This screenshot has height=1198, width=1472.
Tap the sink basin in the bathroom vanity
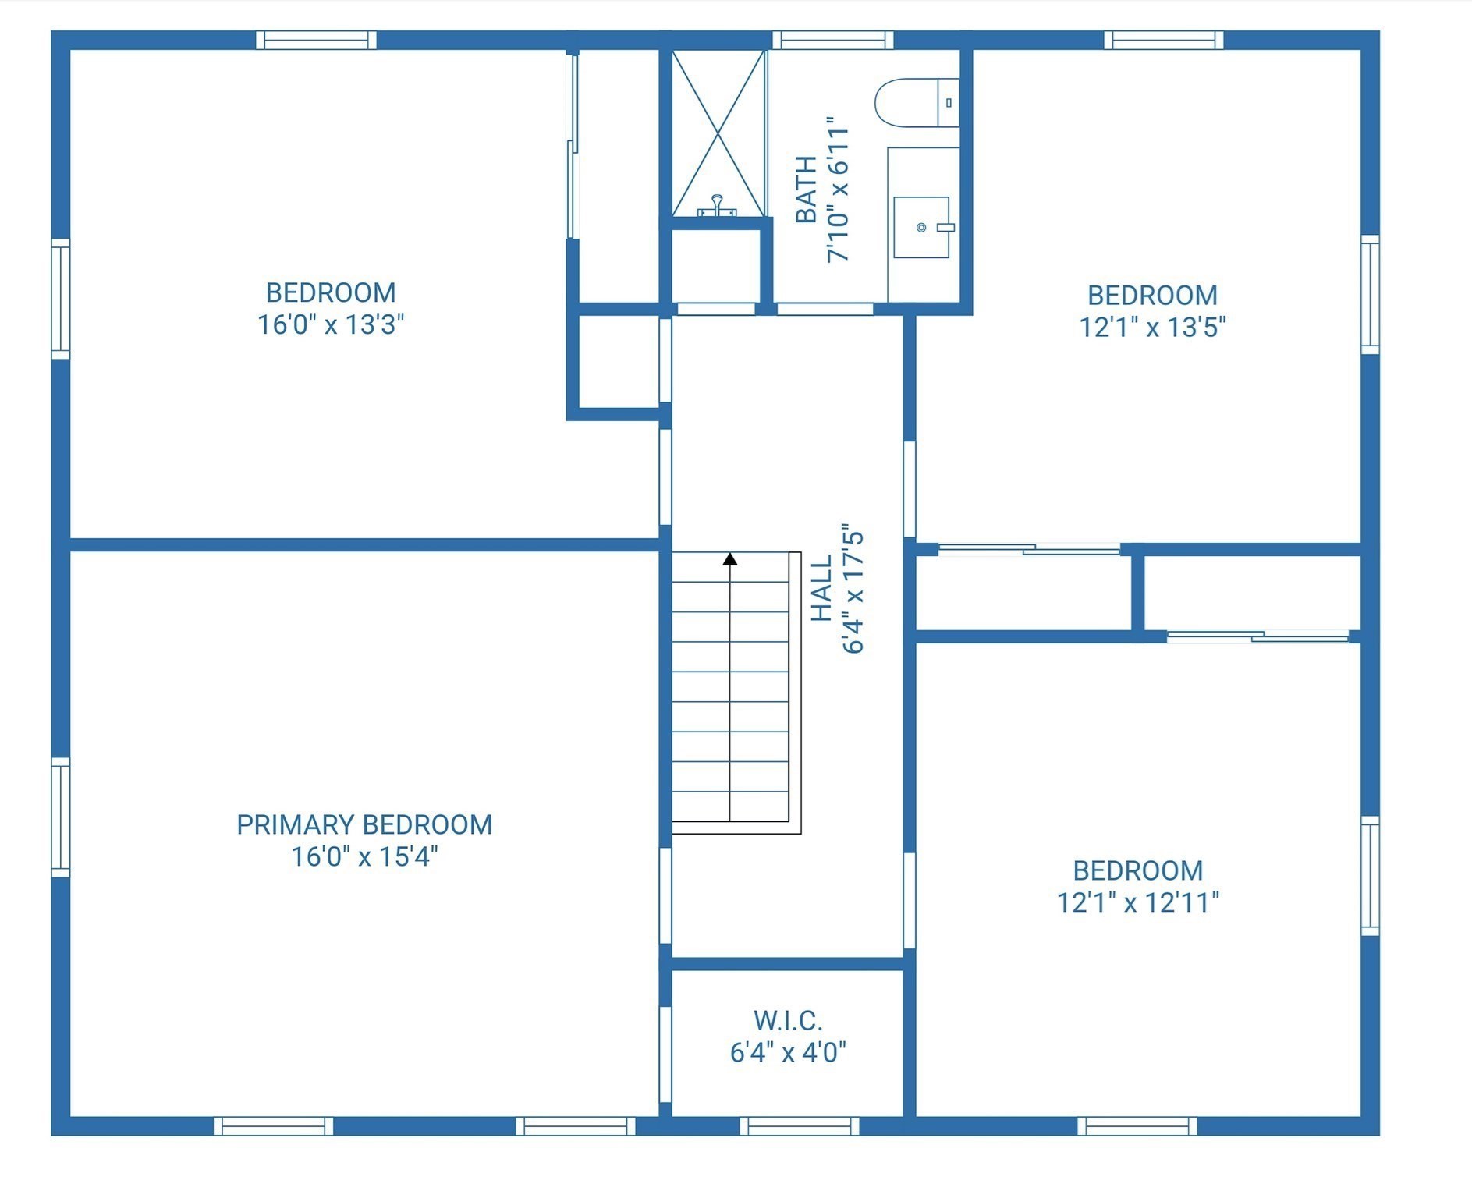point(921,227)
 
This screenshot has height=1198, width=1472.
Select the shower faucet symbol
point(717,207)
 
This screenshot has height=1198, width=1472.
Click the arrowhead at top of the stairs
point(730,558)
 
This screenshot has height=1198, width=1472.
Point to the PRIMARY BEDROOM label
point(364,824)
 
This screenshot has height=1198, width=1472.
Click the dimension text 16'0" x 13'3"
point(331,324)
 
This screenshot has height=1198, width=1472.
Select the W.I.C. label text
point(788,1020)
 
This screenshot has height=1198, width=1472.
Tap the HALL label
point(821,589)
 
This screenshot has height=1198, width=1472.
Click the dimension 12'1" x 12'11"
point(1137,902)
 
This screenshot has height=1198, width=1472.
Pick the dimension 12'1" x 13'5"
point(1152,327)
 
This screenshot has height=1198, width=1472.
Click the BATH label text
point(806,190)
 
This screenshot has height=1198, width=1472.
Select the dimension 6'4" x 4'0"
point(788,1053)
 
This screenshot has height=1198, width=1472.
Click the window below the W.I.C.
point(799,1125)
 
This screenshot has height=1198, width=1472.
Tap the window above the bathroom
point(832,40)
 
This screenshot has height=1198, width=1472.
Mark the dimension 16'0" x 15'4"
point(364,857)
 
